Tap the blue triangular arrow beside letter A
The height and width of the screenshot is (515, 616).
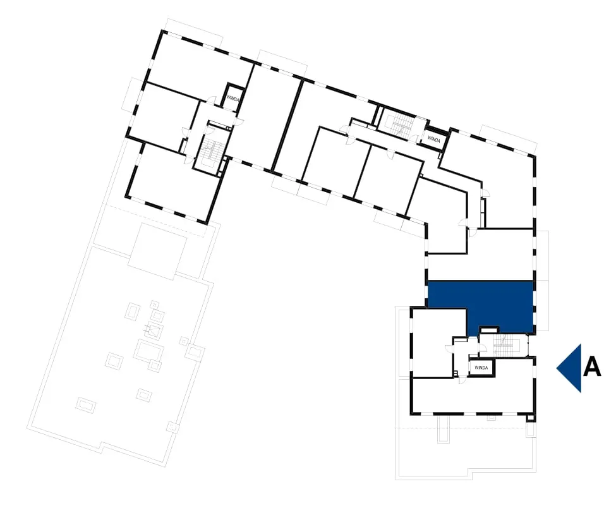point(571,368)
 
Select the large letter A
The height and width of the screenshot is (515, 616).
point(592,368)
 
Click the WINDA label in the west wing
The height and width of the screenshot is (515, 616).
point(233,98)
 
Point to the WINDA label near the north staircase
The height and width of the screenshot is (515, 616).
point(433,138)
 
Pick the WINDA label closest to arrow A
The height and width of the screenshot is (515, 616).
point(481,368)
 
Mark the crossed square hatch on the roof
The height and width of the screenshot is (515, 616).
point(154,330)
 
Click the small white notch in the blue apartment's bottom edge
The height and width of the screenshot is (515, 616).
point(489,330)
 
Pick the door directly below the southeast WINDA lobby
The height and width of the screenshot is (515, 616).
point(462,380)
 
